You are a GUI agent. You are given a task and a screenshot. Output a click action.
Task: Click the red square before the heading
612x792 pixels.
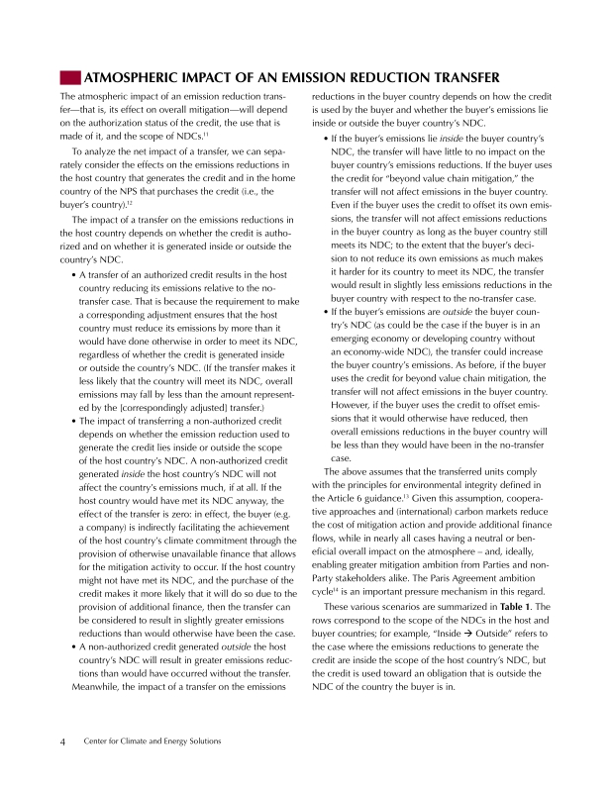point(70,77)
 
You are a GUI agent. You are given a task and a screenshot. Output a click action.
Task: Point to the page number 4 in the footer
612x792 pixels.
point(62,741)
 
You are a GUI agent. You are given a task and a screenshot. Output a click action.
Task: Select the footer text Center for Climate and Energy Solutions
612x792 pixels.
point(153,741)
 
